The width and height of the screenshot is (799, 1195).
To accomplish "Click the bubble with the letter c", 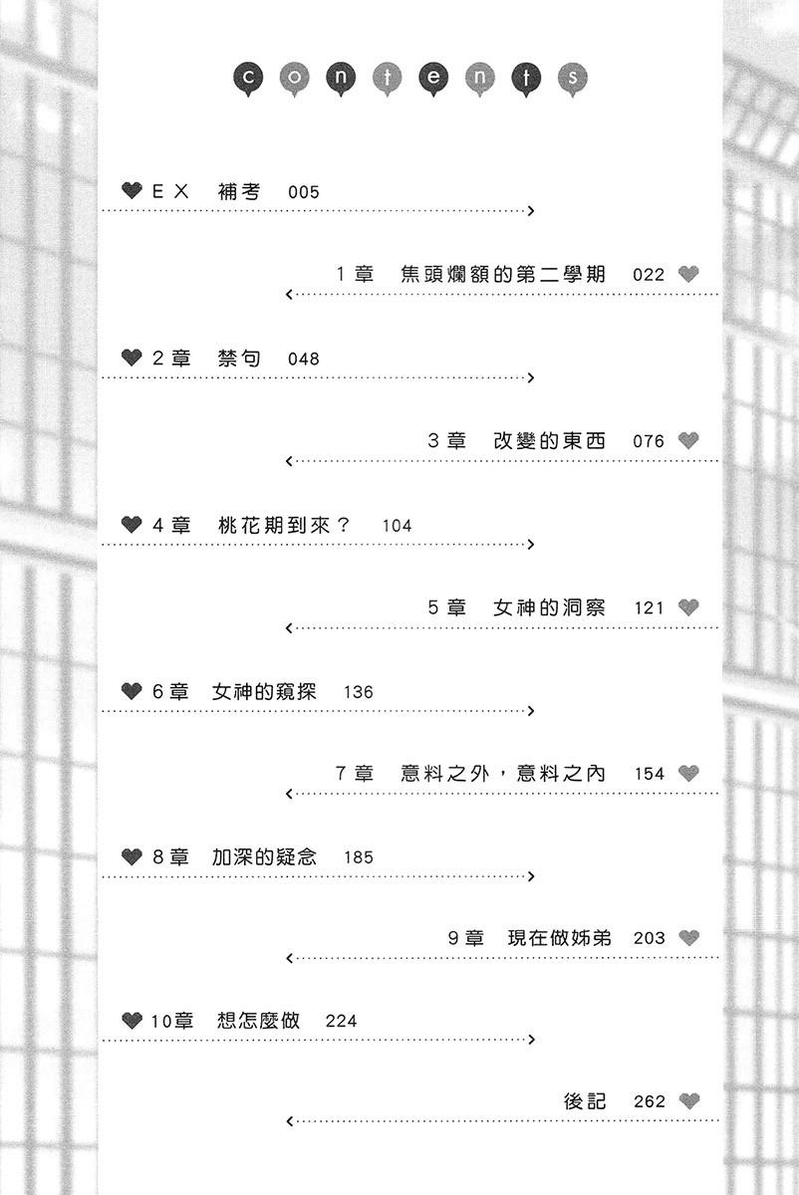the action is (248, 79).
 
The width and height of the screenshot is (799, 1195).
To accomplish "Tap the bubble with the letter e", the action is (433, 79).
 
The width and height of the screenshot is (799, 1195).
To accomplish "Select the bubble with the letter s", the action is (572, 79).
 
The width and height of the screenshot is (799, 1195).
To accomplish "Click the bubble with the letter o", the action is (294, 79).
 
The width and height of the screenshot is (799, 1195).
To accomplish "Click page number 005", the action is (304, 192).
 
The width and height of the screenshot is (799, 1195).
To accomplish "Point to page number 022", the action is (649, 275).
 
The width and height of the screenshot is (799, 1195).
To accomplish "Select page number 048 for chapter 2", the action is (304, 359).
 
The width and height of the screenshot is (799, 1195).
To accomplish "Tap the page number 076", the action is (649, 441).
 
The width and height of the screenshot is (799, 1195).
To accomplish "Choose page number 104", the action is (398, 526).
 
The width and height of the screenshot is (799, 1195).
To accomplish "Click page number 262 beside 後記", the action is (650, 1101).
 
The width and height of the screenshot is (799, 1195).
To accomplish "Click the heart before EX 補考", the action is (132, 190).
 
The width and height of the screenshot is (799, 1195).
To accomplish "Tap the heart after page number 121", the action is (688, 607).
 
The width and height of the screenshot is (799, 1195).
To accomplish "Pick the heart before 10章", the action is (132, 1021).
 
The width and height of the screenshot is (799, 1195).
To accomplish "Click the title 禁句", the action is (239, 358).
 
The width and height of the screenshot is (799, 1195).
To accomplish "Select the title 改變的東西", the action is (549, 440).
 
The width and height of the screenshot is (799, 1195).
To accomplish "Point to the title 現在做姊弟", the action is (559, 938).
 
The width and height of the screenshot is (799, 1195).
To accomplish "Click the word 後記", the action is (585, 1101).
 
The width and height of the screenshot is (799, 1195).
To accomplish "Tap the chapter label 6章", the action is (170, 691).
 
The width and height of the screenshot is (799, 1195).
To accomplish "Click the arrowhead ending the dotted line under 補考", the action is (531, 211).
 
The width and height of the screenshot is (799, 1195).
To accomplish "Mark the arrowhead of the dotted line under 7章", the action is (289, 794).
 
